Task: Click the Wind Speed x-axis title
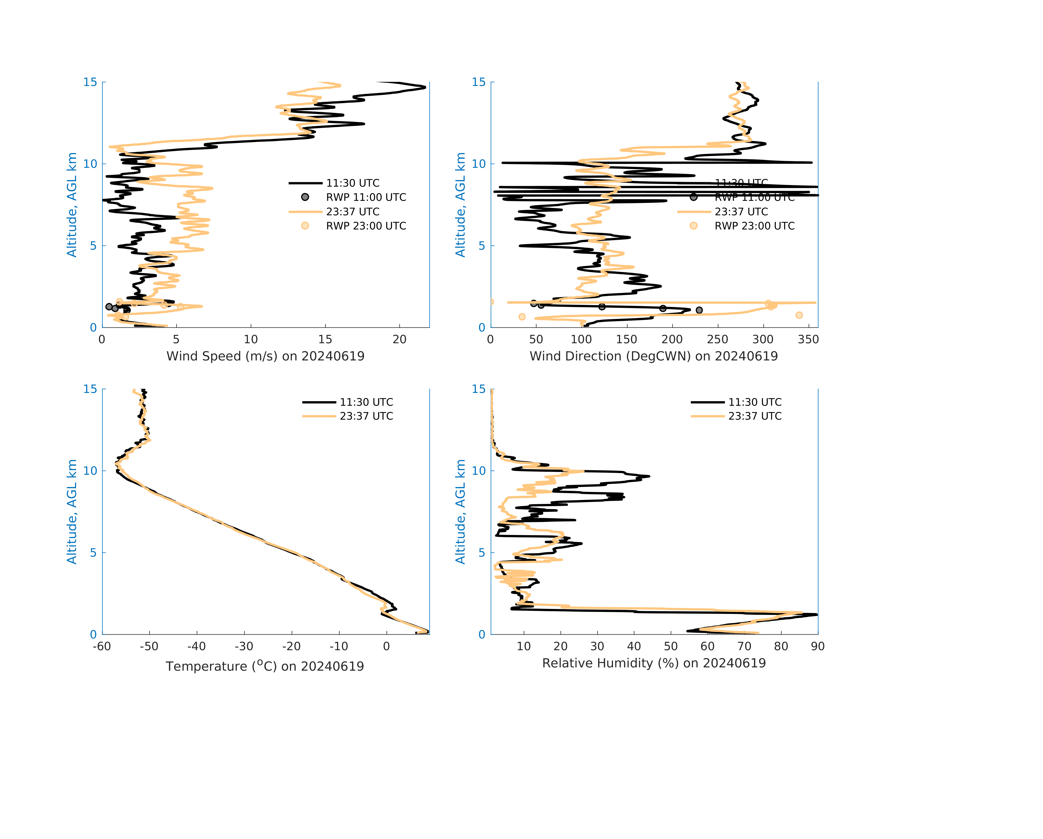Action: pyautogui.click(x=265, y=356)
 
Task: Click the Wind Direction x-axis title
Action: pyautogui.click(x=654, y=356)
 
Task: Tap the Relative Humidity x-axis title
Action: pyautogui.click(x=654, y=663)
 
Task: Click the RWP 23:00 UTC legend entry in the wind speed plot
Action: pyautogui.click(x=366, y=226)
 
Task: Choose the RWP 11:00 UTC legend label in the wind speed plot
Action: pyautogui.click(x=366, y=198)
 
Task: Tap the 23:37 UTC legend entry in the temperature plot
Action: pyautogui.click(x=366, y=416)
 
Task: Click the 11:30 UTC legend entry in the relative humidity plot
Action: pyautogui.click(x=755, y=402)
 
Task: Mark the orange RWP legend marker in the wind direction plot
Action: pyautogui.click(x=694, y=226)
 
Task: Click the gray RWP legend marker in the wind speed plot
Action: pyautogui.click(x=305, y=197)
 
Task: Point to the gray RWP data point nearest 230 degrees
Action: pyautogui.click(x=699, y=310)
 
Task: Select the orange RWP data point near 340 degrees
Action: pyautogui.click(x=799, y=315)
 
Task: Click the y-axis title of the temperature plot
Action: pyautogui.click(x=72, y=512)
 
